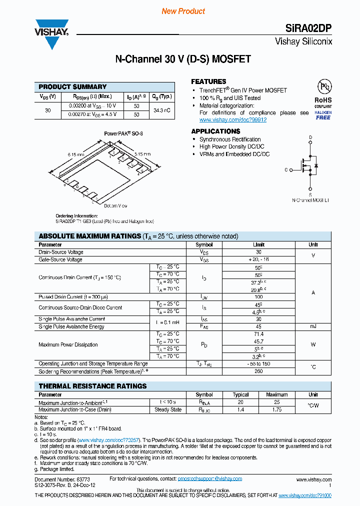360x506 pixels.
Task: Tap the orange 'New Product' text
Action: (x=183, y=11)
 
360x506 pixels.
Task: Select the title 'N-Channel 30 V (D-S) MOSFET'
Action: (x=183, y=59)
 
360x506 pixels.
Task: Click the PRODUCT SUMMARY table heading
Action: (x=72, y=86)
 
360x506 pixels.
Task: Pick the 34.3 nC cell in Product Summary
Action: (x=162, y=110)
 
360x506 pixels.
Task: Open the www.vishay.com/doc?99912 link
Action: (x=233, y=120)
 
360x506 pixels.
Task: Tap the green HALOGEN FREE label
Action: (x=323, y=115)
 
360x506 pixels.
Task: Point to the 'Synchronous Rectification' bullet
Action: (x=230, y=139)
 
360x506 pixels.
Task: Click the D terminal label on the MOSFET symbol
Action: (x=310, y=137)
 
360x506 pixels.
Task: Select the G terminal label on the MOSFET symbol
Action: (x=286, y=170)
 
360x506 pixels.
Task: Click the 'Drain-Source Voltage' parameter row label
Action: (x=61, y=252)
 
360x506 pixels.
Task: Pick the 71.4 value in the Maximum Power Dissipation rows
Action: (x=258, y=334)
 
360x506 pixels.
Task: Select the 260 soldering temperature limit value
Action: (x=258, y=371)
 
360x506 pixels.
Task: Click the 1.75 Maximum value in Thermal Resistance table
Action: (x=276, y=409)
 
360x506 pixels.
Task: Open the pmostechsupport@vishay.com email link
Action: (x=210, y=479)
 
